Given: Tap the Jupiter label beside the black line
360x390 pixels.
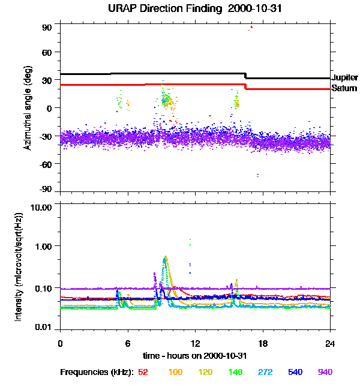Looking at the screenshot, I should [x=345, y=78].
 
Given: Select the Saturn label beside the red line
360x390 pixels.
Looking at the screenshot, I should [x=344, y=89].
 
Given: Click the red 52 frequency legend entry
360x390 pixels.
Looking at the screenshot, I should [x=143, y=372].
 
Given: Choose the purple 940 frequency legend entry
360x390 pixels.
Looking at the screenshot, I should [x=325, y=372].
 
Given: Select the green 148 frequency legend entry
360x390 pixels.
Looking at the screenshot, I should [x=235, y=372].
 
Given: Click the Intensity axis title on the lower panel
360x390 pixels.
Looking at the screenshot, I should [x=19, y=267].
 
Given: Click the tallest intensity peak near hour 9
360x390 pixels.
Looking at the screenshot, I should [x=165, y=257].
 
